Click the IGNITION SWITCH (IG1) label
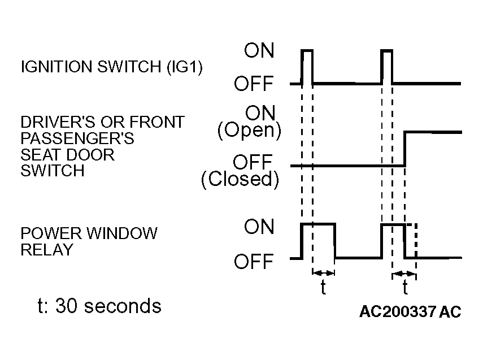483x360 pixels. [112, 67]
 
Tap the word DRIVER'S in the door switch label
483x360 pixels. [58, 122]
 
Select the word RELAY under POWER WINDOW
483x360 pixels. [47, 249]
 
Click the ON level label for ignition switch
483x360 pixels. [259, 50]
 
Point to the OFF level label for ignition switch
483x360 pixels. [254, 83]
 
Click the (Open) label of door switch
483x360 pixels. [250, 131]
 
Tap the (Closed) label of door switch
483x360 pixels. [240, 179]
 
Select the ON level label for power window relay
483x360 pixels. [259, 227]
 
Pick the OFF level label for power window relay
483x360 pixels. [254, 261]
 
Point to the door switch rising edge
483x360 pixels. [405, 149]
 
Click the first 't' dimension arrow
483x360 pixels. [324, 273]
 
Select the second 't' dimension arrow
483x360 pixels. [404, 274]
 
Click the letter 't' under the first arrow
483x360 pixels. [323, 287]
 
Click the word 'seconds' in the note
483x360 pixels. [123, 306]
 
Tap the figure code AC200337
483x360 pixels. [398, 311]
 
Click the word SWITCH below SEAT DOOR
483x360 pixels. [53, 171]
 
